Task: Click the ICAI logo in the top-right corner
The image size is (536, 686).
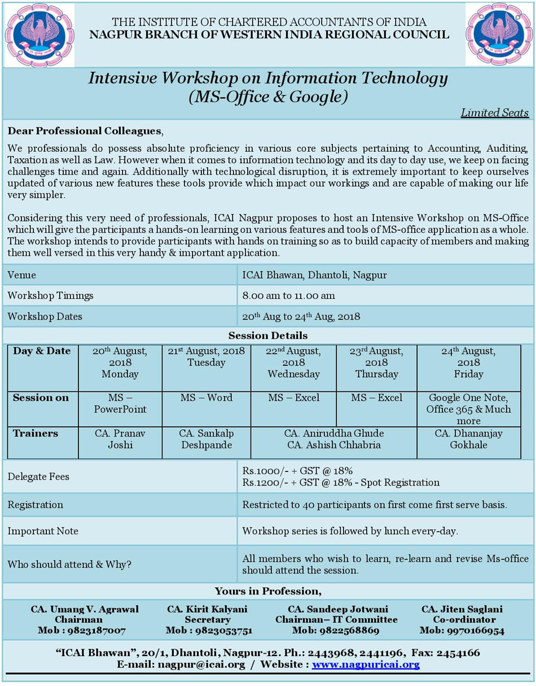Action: point(499,34)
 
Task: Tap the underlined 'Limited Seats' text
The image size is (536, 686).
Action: point(495,112)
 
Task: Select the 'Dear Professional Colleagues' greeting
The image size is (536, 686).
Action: point(85,131)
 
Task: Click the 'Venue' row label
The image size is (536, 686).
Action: point(21,275)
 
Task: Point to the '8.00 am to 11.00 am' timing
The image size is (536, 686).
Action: point(288,295)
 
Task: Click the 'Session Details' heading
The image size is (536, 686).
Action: point(268,335)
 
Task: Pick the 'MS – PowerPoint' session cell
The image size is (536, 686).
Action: point(120,403)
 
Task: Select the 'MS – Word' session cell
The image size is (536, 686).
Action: point(206,397)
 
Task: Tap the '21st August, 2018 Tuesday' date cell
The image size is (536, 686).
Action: point(206,356)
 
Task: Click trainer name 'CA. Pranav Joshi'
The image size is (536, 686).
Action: point(120,439)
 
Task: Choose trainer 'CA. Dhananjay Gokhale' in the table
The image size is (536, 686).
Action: point(468,439)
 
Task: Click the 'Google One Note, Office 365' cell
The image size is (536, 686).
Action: point(468,409)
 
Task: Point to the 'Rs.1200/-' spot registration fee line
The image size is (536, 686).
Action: point(341,482)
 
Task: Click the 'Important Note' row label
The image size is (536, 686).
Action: point(43,531)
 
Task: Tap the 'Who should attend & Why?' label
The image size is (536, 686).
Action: point(69,564)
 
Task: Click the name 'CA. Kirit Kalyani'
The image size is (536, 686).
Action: point(207,609)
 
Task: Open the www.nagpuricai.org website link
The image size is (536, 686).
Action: point(366,664)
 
